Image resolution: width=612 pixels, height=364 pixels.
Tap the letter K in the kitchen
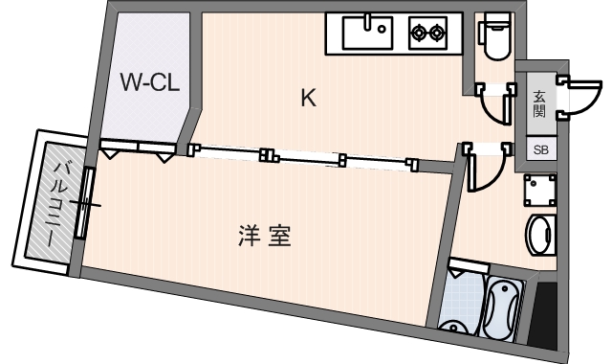point(308,98)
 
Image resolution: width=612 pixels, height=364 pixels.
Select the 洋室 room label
point(265,236)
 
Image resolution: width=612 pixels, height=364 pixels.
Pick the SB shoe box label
point(540,150)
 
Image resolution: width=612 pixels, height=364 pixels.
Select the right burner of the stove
point(438,33)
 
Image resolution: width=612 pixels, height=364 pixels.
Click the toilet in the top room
point(495,37)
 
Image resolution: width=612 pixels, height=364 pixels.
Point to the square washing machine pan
point(539,191)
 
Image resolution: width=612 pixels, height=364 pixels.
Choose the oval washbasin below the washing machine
point(540,234)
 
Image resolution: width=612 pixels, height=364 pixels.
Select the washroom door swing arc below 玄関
point(490,171)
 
